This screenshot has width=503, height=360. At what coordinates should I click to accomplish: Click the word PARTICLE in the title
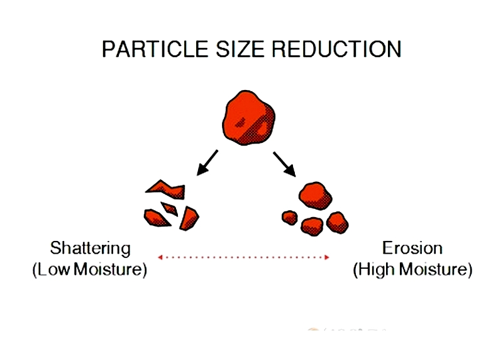coord(155,49)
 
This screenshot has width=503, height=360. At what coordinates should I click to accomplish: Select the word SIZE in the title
coord(240,49)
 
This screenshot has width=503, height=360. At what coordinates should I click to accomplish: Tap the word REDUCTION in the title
coord(336,49)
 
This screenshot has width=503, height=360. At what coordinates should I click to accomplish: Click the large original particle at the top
coord(248,118)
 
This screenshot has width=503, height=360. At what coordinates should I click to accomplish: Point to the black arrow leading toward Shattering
coord(207,163)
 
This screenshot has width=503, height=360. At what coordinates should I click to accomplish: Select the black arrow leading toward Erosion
coord(285,164)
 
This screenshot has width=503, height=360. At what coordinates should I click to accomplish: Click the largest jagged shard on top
coord(165,189)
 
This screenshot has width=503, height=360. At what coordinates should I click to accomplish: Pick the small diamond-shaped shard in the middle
coord(169,209)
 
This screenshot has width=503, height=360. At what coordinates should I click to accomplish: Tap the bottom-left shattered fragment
coord(156,218)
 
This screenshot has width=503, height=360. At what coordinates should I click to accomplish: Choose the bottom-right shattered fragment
coord(189,218)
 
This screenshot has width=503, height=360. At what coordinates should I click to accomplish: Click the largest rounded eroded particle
coord(316,196)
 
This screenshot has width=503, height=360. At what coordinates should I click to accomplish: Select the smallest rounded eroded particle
coord(290,218)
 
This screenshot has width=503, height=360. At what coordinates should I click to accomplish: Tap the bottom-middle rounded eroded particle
coord(312,227)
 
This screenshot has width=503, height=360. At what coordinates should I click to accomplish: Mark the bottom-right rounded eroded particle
coord(338,223)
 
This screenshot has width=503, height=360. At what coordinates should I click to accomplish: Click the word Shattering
coord(90,249)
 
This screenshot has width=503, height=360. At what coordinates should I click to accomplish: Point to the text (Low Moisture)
coord(90,269)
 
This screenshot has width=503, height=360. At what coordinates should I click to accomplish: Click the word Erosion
coord(412,248)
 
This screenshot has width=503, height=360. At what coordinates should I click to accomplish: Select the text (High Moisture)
coord(412,269)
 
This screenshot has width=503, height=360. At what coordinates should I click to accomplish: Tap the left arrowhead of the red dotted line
coord(160,257)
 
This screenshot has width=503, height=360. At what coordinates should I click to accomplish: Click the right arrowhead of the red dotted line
coord(327,257)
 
